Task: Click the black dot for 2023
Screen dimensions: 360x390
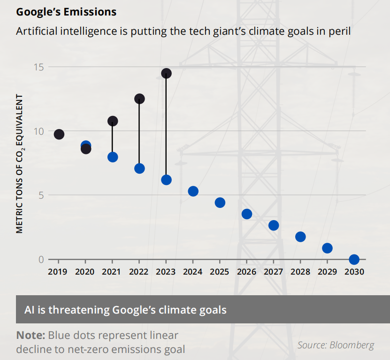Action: click(x=166, y=73)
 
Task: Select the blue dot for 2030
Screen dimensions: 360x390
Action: click(x=354, y=260)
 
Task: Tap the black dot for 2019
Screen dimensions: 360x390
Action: click(x=59, y=135)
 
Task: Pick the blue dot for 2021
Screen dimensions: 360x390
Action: click(x=113, y=157)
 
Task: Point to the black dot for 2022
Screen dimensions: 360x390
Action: click(x=139, y=99)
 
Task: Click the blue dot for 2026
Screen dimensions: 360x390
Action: click(x=247, y=214)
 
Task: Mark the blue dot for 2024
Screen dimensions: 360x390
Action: click(x=193, y=191)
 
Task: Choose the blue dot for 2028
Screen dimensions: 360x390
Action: click(x=300, y=237)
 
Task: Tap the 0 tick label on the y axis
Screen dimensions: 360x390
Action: click(x=41, y=260)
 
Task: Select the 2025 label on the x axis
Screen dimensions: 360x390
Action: click(x=220, y=272)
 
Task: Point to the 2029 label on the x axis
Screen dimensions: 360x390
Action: click(x=327, y=272)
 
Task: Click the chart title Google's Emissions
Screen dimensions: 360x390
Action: click(x=66, y=11)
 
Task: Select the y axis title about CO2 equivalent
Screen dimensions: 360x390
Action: click(x=20, y=163)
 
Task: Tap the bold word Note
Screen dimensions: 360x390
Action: click(x=31, y=335)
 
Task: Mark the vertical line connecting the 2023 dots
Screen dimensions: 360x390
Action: click(x=166, y=127)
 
